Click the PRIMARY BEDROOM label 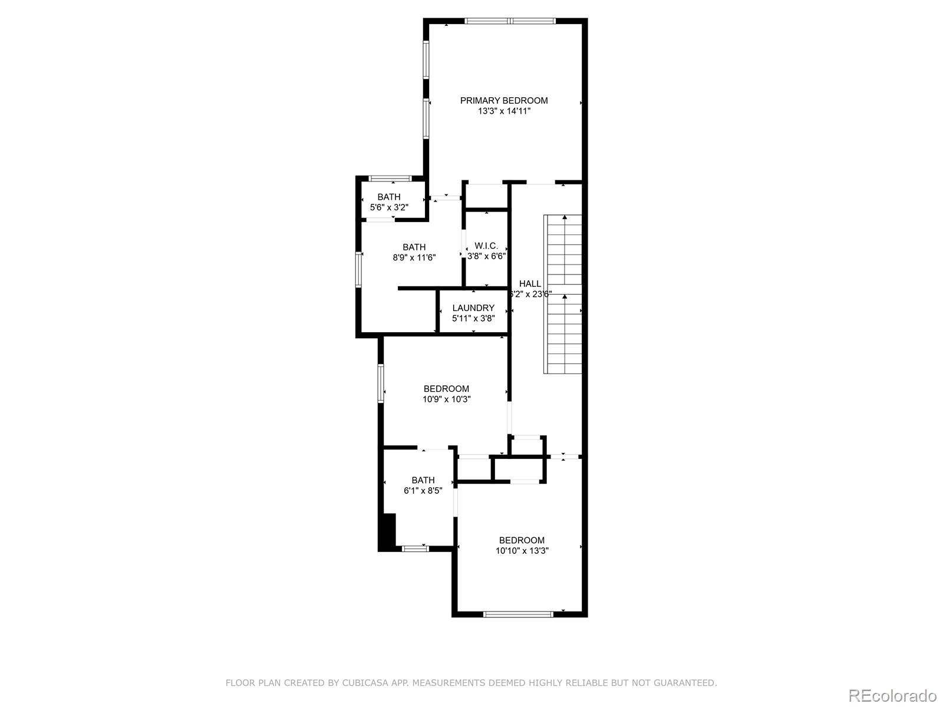tap(504, 101)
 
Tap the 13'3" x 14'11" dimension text tap(504, 111)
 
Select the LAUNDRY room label tap(473, 308)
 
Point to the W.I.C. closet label tap(486, 246)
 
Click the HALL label tap(530, 284)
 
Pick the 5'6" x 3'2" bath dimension tap(389, 207)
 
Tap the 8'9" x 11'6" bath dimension tap(414, 257)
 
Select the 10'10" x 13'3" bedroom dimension tap(522, 551)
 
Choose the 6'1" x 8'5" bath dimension tap(423, 491)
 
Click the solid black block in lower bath tap(387, 532)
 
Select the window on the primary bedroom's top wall tap(510, 21)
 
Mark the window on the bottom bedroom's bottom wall tap(518, 615)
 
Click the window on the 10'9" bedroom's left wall tap(381, 384)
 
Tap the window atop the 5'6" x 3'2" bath tap(390, 178)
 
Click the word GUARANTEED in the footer tap(686, 683)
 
